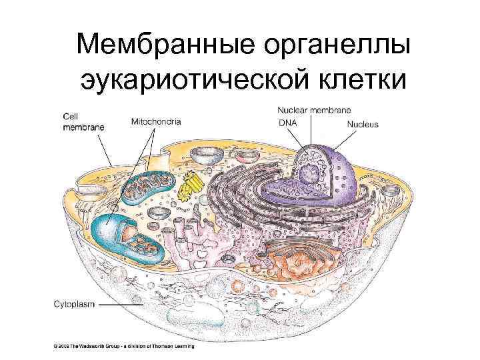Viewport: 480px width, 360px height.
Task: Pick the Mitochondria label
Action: tap(157, 121)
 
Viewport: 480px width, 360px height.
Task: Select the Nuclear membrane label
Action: tap(315, 109)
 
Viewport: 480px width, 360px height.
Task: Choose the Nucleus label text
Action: tap(363, 124)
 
